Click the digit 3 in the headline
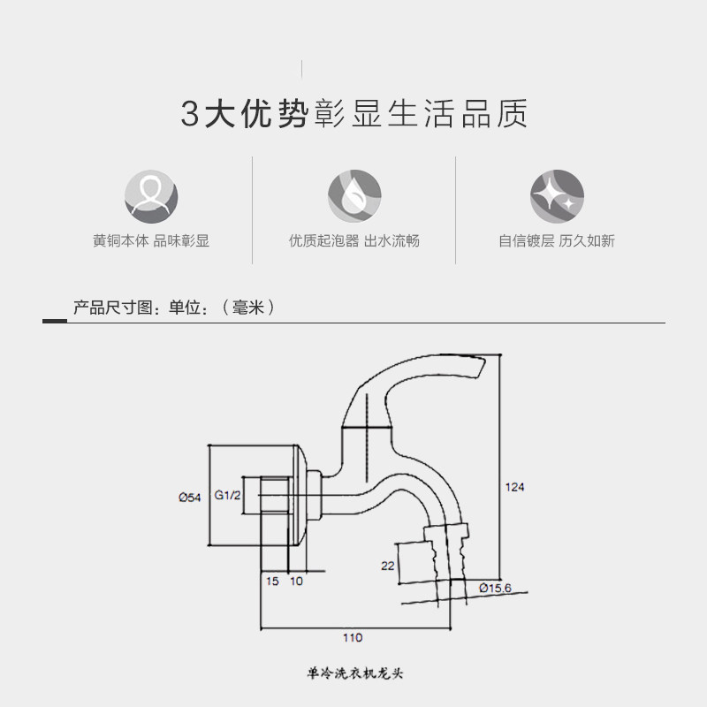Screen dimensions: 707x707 click(x=191, y=115)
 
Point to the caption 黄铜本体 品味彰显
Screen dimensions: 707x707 click(x=151, y=240)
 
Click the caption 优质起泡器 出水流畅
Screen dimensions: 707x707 click(x=354, y=240)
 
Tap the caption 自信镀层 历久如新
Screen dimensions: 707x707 click(x=557, y=240)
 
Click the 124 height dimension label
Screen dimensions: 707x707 click(x=514, y=487)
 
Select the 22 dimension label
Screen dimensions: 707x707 click(x=387, y=566)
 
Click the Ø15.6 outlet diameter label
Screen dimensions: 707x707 click(x=496, y=589)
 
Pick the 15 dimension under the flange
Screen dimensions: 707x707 click(x=272, y=581)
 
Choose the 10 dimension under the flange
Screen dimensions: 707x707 click(x=296, y=581)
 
